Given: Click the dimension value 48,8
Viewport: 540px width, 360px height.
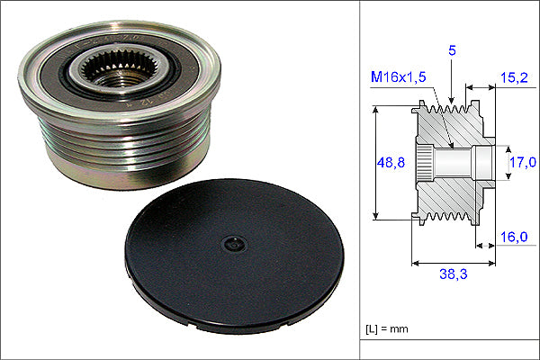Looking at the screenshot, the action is coord(391,162).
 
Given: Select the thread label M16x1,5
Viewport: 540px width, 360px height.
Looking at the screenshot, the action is coord(399,76).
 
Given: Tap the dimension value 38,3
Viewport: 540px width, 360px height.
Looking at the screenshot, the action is coord(454,274).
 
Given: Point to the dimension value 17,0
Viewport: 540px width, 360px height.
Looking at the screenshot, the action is coord(522,162).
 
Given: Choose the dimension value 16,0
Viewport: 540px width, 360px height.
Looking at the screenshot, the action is coord(514,237).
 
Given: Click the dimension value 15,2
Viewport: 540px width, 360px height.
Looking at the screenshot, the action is coord(514,78).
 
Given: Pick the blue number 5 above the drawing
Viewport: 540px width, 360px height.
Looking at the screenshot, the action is coord(452,50).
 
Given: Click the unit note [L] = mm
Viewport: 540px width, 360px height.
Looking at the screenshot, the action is coord(387,329).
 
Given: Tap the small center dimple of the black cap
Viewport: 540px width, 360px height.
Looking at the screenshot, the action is coord(235,244).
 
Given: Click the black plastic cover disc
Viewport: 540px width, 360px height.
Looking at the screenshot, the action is coord(234,256).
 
